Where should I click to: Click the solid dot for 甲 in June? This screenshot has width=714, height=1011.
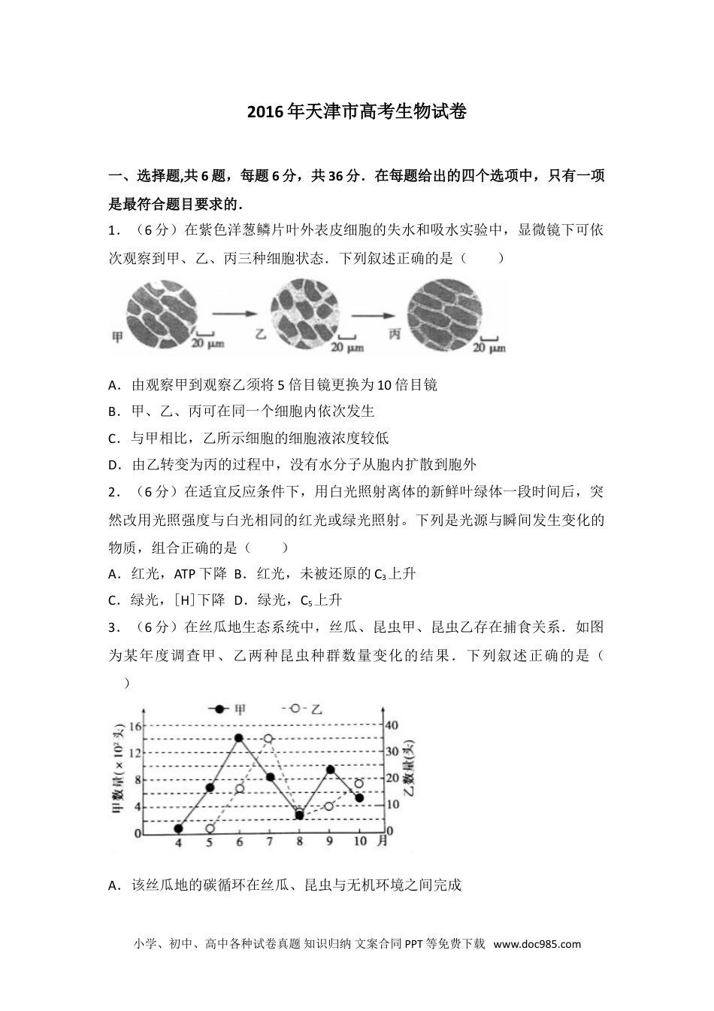238,738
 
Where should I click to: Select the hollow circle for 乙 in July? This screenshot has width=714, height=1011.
268,739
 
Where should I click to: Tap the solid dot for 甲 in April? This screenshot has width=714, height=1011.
178,828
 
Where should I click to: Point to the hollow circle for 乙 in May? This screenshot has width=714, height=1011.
210,828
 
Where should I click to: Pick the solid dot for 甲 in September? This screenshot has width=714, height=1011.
330,770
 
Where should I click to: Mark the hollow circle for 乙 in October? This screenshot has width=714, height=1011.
359,784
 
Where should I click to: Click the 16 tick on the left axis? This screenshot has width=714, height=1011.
135,726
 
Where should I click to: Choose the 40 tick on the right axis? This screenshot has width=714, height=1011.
392,725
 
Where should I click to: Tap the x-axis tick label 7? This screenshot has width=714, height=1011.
269,842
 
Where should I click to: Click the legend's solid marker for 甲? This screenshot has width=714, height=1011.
219,709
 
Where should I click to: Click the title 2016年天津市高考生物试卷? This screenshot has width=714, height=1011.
356,112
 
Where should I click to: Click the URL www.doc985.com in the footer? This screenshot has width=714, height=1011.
537,945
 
